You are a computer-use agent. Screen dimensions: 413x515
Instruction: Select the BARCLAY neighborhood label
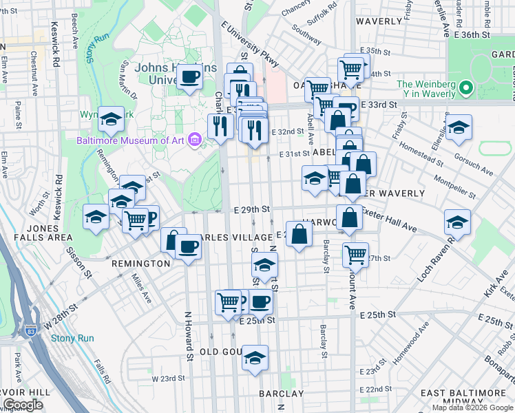coord(282,394)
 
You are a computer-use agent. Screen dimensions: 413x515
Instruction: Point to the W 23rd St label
coord(165,378)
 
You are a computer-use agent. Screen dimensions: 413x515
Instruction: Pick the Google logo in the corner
coord(23,405)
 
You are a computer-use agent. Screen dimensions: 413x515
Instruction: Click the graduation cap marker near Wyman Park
coord(110,120)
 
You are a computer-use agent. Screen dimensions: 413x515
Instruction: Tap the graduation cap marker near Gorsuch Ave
coord(459,128)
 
